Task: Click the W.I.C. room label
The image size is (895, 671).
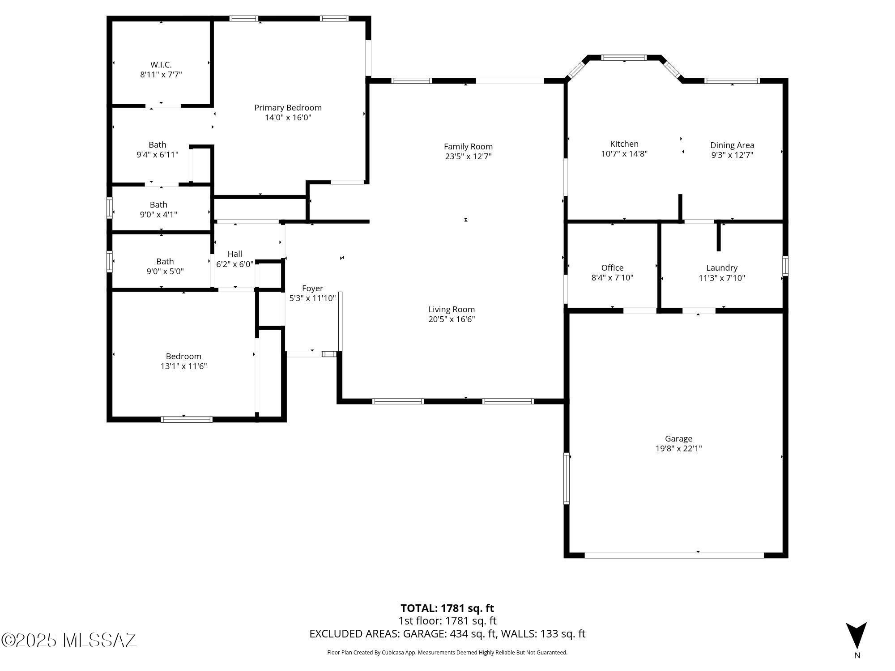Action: point(161,65)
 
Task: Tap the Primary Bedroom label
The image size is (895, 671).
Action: point(288,108)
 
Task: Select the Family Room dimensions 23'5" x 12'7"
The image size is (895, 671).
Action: point(469,157)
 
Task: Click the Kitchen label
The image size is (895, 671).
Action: point(624,144)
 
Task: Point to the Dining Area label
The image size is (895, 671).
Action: point(732,145)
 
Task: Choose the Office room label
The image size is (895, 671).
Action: point(612,268)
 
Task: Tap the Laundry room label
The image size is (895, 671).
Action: point(722,268)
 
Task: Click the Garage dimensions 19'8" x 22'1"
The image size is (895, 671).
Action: point(678,449)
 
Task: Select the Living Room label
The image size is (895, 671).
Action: point(452,310)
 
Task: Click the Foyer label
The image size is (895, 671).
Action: point(312,289)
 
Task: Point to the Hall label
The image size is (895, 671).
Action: point(235,254)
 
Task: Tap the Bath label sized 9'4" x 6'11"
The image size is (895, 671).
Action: point(158,145)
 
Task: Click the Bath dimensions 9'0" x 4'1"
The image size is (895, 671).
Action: point(158,215)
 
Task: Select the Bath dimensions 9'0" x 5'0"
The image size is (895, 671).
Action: point(165,272)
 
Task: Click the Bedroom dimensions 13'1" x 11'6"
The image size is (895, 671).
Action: point(183,366)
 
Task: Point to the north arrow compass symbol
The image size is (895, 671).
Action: point(856,635)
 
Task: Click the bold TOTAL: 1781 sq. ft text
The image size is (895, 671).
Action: point(447,608)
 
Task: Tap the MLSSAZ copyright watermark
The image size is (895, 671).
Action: point(69,640)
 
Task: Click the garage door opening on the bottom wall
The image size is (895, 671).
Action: point(674,555)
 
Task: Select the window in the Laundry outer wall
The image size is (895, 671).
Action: point(785,266)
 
